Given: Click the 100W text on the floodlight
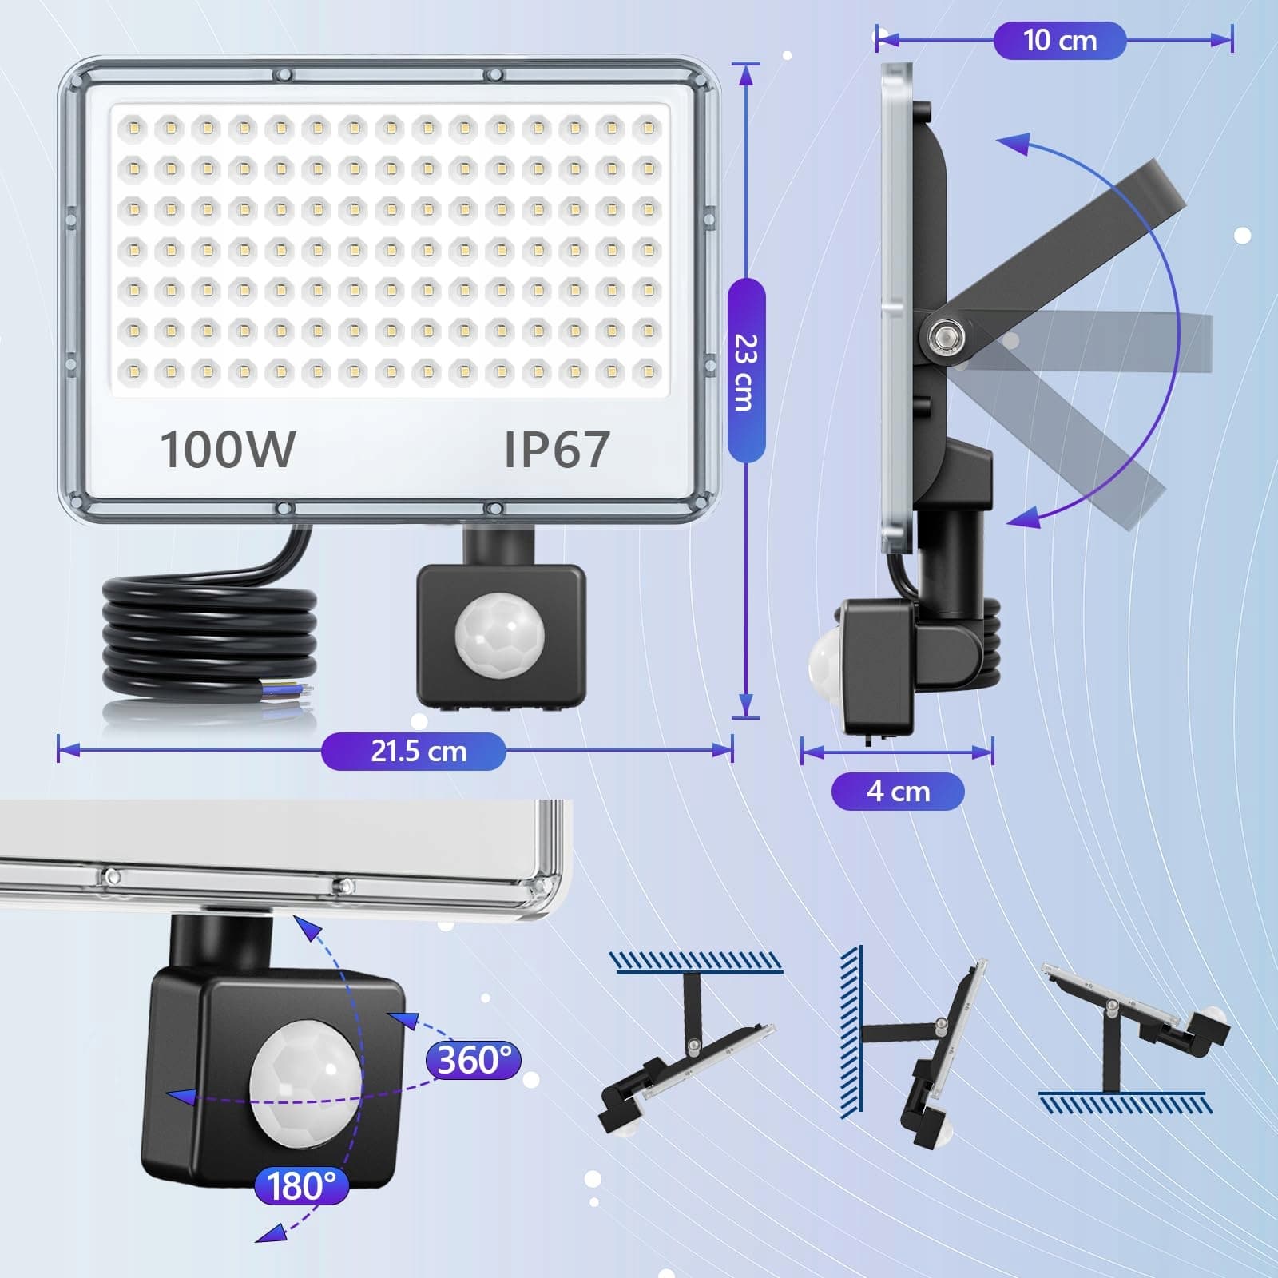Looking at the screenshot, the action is [x=228, y=449].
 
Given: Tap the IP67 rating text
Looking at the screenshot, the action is [x=557, y=449].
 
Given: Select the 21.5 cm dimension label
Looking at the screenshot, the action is [x=414, y=751].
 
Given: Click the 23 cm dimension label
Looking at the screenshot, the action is [x=746, y=371].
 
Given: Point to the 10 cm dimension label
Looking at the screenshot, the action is [x=1060, y=40].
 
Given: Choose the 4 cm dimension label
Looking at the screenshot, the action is [x=898, y=792].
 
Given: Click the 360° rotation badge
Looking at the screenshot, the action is [x=474, y=1060].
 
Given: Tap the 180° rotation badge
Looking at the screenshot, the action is [x=301, y=1186].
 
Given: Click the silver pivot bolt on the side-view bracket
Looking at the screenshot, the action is [x=944, y=335].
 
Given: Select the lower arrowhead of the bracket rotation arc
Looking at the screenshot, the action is [x=1024, y=518].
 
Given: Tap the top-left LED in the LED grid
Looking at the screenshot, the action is [x=133, y=127].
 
